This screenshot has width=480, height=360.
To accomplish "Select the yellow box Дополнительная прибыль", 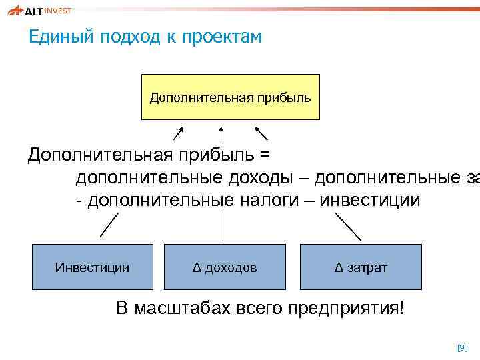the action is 230,97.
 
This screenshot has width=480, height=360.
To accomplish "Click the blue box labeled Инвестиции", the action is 93,267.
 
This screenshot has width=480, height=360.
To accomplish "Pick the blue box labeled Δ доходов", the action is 225,267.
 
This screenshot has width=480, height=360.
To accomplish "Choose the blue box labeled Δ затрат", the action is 361,267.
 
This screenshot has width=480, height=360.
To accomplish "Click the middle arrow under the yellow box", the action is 221,133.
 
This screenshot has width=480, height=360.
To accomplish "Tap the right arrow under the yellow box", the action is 261,133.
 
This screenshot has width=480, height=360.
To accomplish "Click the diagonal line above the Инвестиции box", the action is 109,225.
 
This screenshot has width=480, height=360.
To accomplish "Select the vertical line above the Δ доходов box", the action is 221,225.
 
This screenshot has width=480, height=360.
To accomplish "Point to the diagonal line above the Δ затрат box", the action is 347,226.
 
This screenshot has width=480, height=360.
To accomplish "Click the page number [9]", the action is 462,347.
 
